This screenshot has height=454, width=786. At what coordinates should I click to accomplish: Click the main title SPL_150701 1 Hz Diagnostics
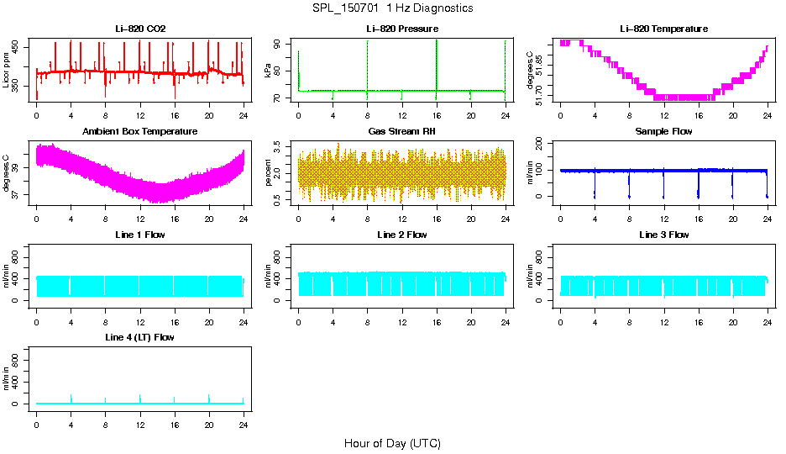(392, 8)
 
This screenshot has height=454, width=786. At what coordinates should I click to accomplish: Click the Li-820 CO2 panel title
(140, 29)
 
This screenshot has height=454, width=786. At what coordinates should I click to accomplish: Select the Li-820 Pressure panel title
(401, 29)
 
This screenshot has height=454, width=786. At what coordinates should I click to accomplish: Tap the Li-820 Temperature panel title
(663, 29)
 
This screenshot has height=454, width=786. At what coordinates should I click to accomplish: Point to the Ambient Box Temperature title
(140, 132)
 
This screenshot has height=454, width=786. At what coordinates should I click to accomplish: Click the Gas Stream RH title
(401, 132)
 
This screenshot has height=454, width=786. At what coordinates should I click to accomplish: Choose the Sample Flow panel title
(663, 132)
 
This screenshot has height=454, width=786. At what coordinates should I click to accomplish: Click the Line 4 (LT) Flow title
(140, 337)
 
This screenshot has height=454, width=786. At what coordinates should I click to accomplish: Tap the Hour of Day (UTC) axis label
(392, 443)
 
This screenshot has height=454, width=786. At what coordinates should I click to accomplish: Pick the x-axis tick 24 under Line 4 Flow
(244, 417)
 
